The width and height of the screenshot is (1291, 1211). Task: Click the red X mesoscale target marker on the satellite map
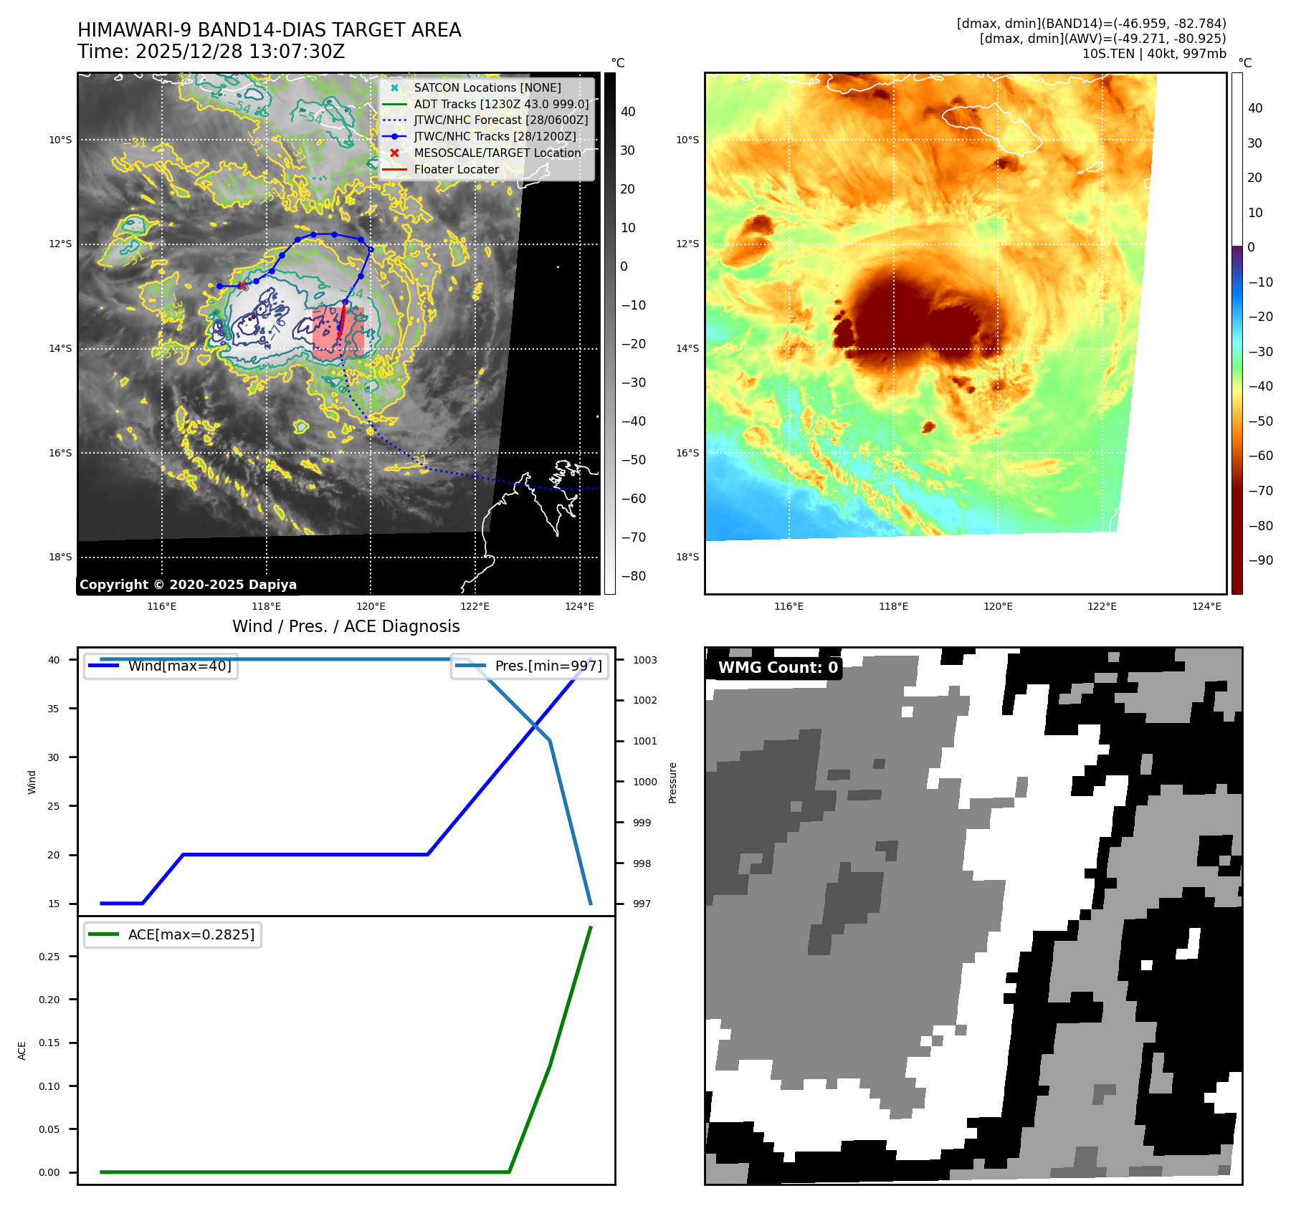tap(242, 286)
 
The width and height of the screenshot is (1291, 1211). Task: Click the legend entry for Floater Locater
tap(456, 170)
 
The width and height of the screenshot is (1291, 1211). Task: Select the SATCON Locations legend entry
tap(487, 88)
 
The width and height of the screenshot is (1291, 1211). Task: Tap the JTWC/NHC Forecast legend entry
tap(500, 120)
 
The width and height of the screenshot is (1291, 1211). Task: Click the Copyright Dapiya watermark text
tap(188, 585)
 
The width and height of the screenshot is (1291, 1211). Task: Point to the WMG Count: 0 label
tap(778, 668)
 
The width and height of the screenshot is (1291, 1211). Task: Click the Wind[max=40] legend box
tap(161, 666)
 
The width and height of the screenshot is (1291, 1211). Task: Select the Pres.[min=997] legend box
tap(530, 666)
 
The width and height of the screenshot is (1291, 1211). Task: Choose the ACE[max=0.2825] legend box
tap(173, 935)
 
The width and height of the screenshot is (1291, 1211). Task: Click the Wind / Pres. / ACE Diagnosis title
tap(346, 627)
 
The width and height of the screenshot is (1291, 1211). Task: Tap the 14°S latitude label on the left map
tap(60, 349)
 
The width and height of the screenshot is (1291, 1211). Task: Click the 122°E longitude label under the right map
tap(1102, 607)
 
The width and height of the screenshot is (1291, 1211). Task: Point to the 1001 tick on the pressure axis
tap(644, 742)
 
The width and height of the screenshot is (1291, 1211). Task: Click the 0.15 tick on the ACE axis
tap(49, 1043)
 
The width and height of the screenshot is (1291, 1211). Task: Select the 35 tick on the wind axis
tap(54, 709)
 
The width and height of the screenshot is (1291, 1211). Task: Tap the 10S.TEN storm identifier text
tap(1108, 54)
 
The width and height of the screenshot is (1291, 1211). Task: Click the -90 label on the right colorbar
tap(1260, 561)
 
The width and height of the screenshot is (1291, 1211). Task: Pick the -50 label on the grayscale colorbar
tap(633, 460)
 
